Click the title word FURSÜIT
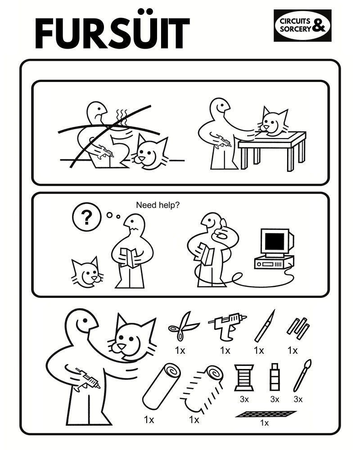point(112,31)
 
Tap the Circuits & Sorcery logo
point(302,26)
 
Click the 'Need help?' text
point(157,205)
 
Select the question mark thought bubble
point(86,217)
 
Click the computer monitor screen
point(275,241)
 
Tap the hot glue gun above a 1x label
point(227,326)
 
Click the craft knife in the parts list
point(265,326)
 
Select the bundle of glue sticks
point(298,328)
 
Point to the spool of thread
point(244,378)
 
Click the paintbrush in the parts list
point(302,375)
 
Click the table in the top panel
point(272,150)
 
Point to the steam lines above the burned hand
point(121,117)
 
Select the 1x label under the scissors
point(180,351)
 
